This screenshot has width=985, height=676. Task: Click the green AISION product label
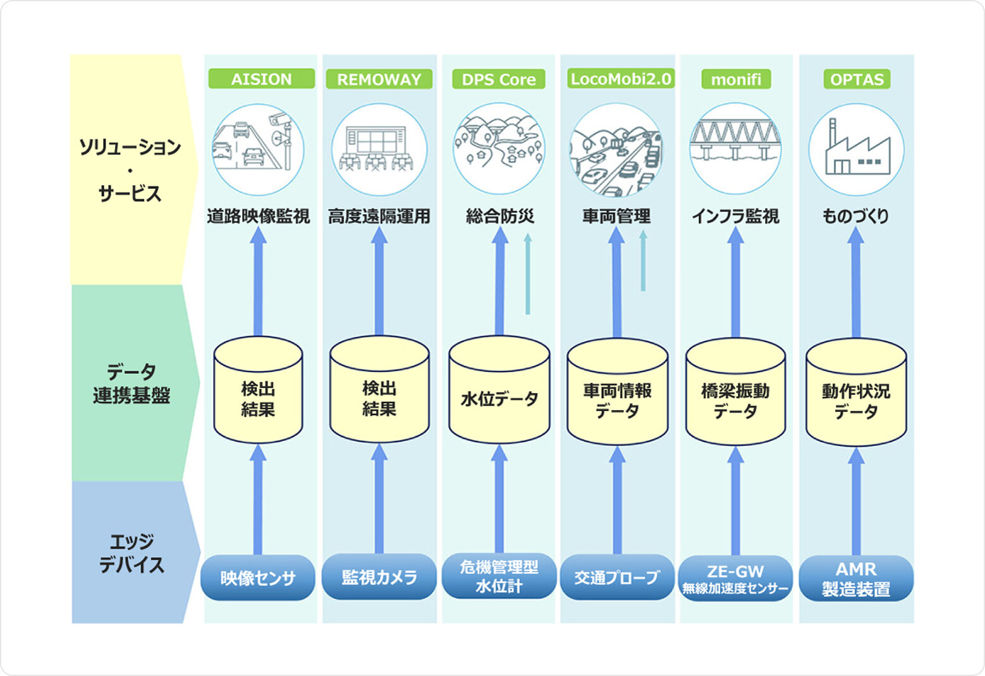click(x=261, y=79)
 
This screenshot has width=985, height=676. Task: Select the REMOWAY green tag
click(x=379, y=79)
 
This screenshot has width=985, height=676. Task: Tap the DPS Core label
click(x=498, y=80)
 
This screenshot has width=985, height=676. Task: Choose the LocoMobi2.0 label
click(x=620, y=79)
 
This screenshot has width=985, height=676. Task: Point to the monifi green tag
click(x=736, y=79)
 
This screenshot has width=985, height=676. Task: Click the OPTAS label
click(x=857, y=79)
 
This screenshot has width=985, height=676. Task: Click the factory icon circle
click(x=857, y=150)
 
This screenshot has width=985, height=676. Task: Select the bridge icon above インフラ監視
click(x=735, y=148)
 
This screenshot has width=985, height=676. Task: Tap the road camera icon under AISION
click(x=257, y=150)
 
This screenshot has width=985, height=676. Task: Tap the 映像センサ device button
click(x=257, y=577)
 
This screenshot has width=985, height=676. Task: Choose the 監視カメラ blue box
click(x=379, y=577)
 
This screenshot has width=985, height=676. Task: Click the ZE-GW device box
click(x=735, y=578)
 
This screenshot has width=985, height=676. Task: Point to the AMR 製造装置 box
click(x=856, y=578)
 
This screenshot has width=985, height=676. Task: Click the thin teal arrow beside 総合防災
click(x=528, y=275)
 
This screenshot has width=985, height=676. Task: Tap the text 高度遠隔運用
click(x=379, y=217)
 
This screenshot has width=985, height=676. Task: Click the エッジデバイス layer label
click(x=132, y=553)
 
